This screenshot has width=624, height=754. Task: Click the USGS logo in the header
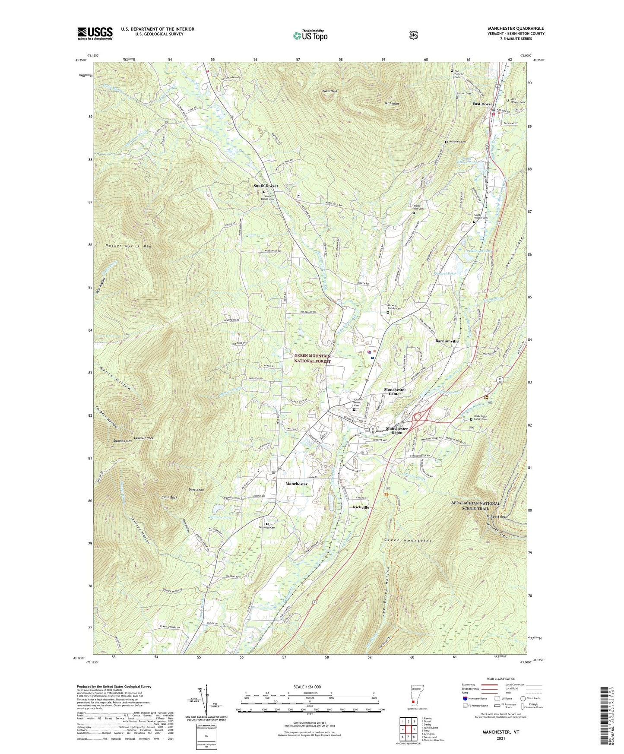(95, 33)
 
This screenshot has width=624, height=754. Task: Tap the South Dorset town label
(266, 186)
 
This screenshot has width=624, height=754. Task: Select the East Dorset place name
(483, 104)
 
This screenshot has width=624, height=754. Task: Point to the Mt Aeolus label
(392, 104)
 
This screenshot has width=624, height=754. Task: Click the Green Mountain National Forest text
(312, 358)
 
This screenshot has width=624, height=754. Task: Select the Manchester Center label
(395, 392)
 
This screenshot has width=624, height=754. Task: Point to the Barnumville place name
(447, 341)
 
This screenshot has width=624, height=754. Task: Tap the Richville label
(361, 507)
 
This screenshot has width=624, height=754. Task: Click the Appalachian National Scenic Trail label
(475, 506)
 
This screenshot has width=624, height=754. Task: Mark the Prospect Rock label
(496, 516)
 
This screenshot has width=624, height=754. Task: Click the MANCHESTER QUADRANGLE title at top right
(516, 29)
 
